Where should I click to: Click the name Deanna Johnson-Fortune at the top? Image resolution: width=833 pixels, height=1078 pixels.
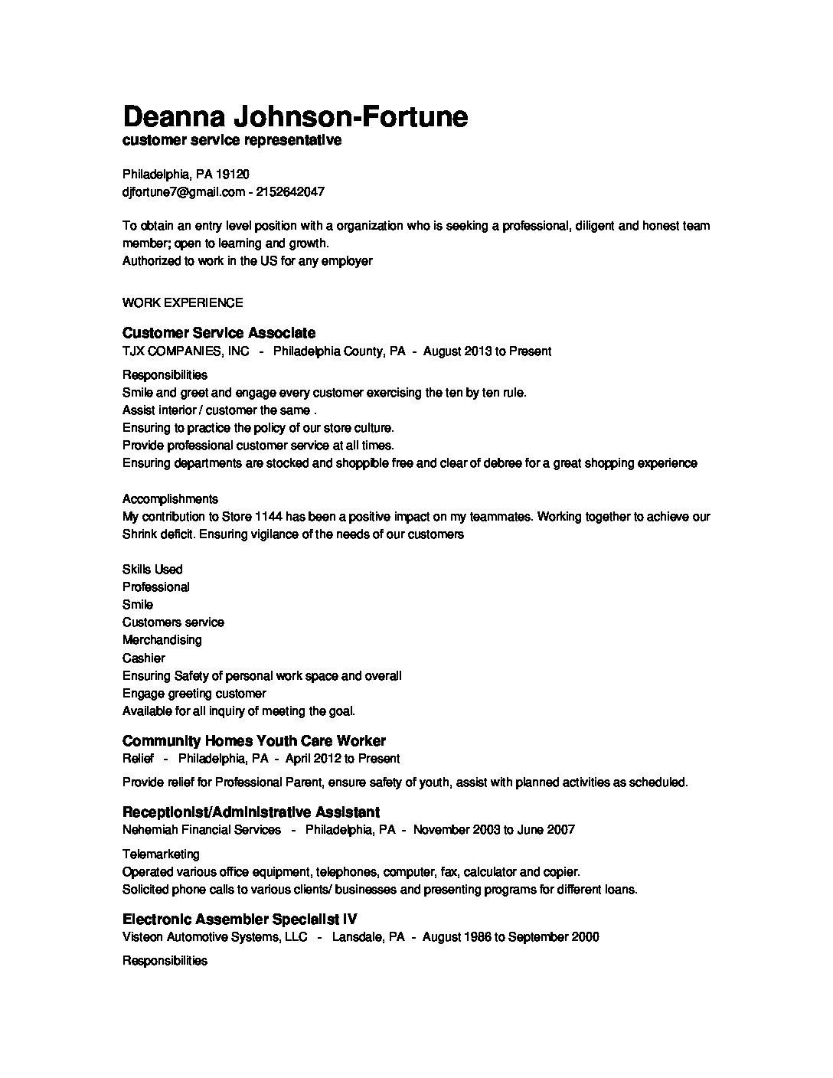point(295,116)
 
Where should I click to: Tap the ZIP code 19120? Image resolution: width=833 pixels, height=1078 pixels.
point(233,175)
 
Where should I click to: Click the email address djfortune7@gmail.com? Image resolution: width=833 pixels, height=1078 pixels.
point(183,192)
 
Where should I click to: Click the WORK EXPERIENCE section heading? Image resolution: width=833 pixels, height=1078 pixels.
point(182,303)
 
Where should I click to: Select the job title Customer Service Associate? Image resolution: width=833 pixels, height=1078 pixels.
point(218,333)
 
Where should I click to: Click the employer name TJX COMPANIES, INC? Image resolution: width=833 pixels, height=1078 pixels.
point(185,351)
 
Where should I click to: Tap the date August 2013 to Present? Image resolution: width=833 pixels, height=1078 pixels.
point(487,351)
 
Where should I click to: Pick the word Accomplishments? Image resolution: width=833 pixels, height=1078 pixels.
point(170,499)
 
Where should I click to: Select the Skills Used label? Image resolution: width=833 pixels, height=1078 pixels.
point(152,570)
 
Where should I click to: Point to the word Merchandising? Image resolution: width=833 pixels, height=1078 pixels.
point(162,640)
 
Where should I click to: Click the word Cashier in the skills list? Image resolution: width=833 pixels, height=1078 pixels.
point(143,658)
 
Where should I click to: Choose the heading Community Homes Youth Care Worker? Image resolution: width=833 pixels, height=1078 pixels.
point(253,741)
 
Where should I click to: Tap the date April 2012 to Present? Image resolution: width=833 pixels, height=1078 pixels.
point(342,759)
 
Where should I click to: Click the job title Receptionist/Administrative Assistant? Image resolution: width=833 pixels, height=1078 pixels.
point(250,812)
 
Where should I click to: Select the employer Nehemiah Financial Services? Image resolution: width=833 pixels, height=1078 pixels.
point(201,830)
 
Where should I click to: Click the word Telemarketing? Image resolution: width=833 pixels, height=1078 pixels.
point(161,854)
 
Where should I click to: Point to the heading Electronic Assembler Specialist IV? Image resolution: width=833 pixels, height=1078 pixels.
point(240,920)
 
